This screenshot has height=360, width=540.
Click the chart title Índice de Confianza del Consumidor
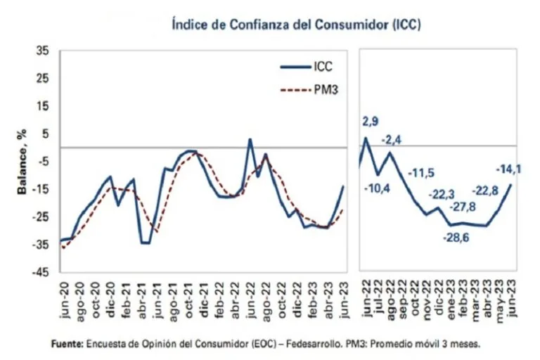point(296,25)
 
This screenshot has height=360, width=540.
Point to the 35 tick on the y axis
point(41,51)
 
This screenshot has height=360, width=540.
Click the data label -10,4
point(378,188)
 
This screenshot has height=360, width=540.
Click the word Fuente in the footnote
point(67,345)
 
